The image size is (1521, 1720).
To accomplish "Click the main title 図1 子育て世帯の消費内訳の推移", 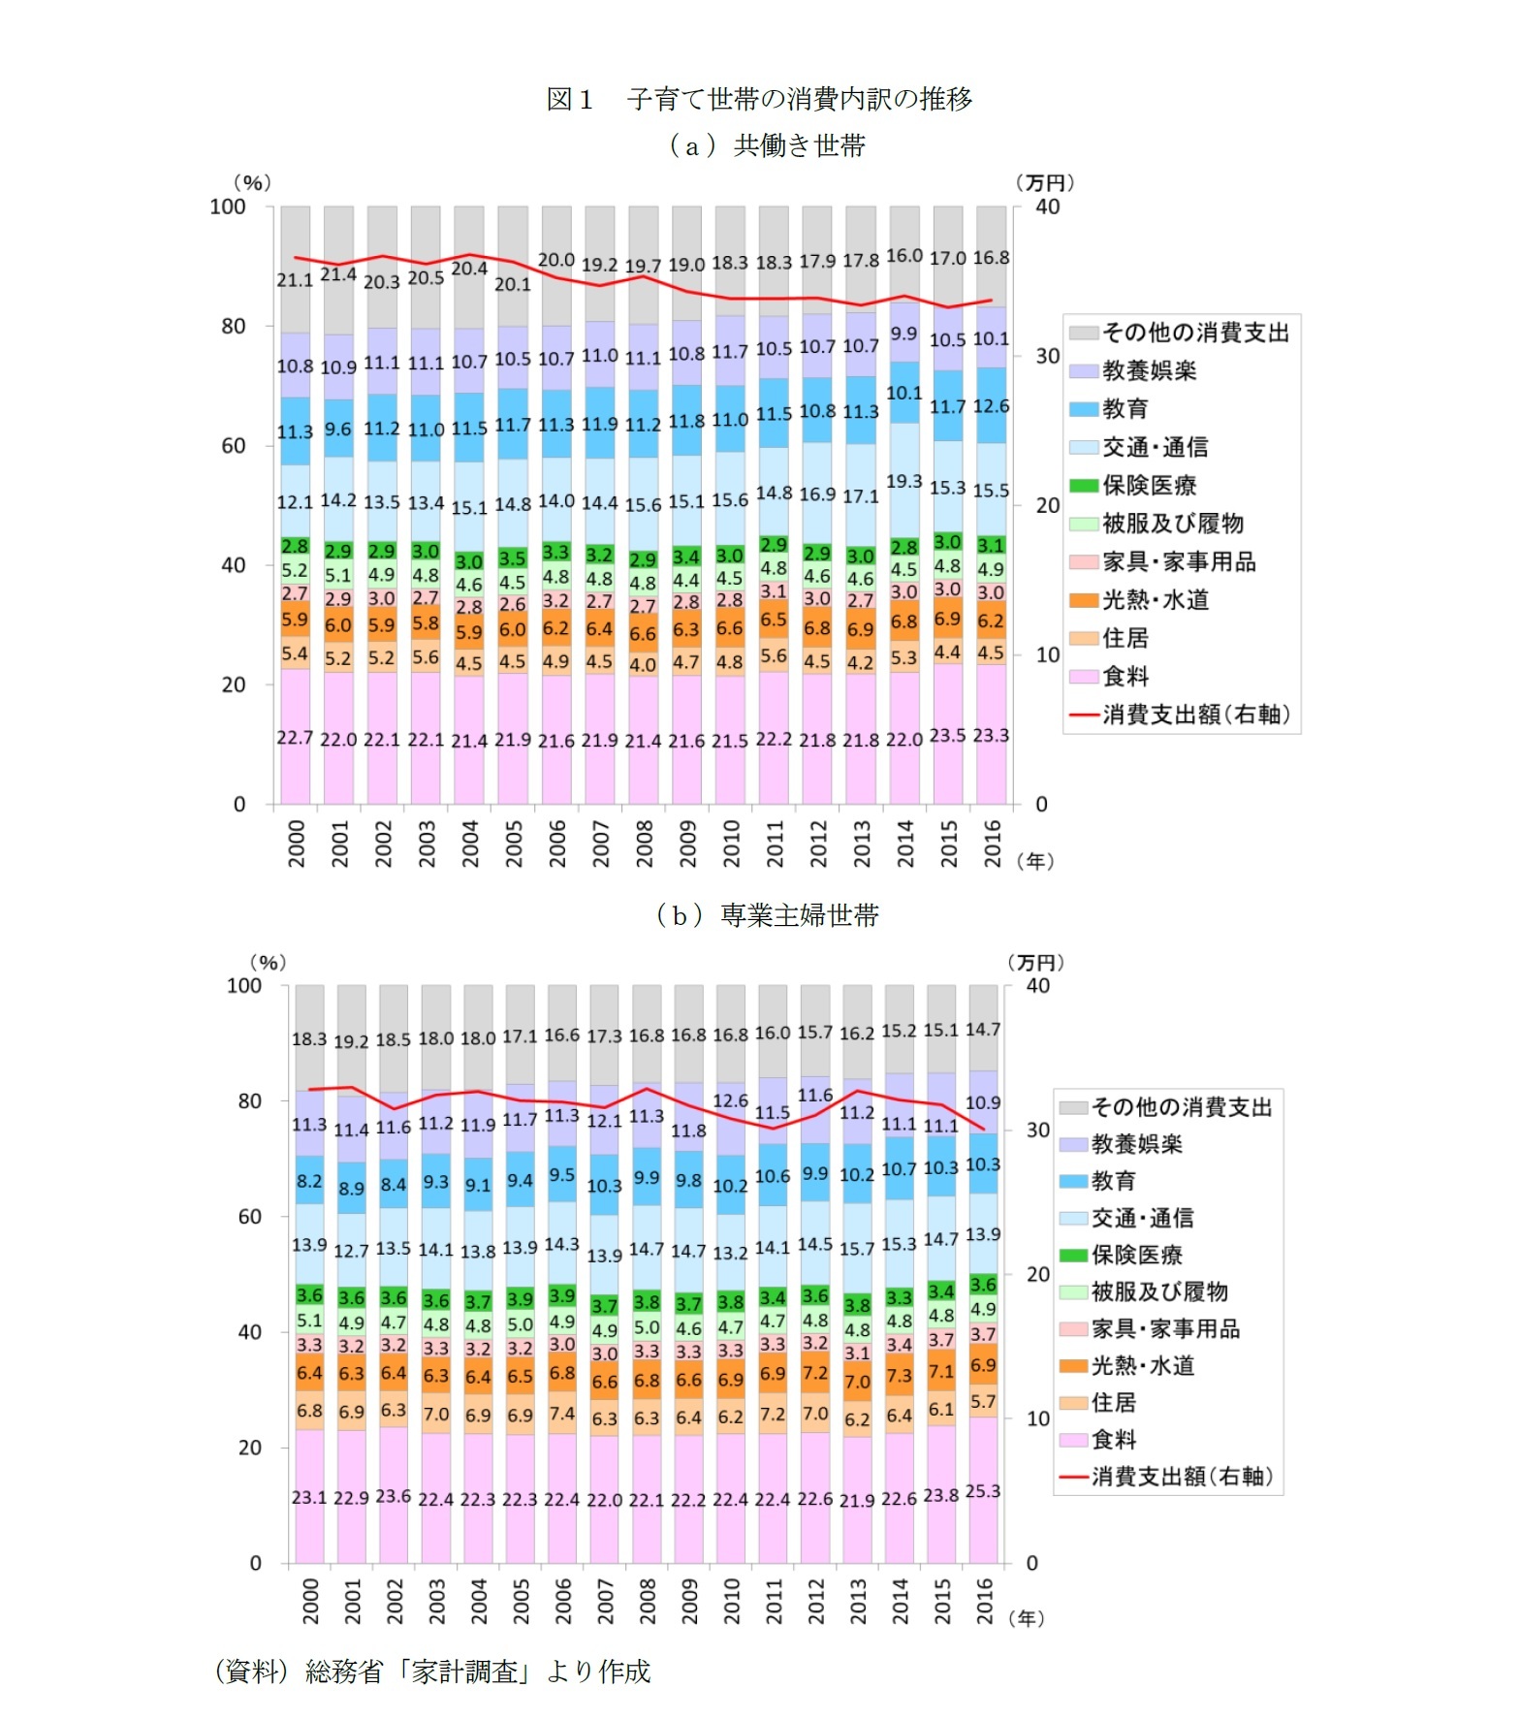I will [x=759, y=99].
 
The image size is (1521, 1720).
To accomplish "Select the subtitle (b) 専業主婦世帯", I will [x=767, y=914].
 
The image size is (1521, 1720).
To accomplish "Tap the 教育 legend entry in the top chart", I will [x=1125, y=408].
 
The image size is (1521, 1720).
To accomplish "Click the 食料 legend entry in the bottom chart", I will [x=1114, y=1439].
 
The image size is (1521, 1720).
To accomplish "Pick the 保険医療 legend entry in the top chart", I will [x=1149, y=485].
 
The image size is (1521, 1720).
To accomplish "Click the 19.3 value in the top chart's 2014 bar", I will [x=903, y=481].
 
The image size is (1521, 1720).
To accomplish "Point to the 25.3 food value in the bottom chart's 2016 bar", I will [x=983, y=1491].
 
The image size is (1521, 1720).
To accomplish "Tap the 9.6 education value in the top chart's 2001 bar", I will [x=338, y=429].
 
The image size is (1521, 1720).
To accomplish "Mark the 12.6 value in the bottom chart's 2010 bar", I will [x=730, y=1100].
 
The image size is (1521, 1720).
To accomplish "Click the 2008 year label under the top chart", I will [x=645, y=843].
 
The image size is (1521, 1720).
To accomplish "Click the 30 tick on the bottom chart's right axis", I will [x=1038, y=1130].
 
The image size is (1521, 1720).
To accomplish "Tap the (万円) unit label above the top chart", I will [x=1044, y=182].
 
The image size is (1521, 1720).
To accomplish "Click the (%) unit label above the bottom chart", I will [x=268, y=962].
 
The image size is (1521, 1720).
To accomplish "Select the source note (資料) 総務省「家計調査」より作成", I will [x=432, y=1671].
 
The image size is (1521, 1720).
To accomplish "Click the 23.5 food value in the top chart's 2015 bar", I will [x=947, y=735].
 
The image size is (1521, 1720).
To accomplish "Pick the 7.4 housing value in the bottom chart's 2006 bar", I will [x=562, y=1413].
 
